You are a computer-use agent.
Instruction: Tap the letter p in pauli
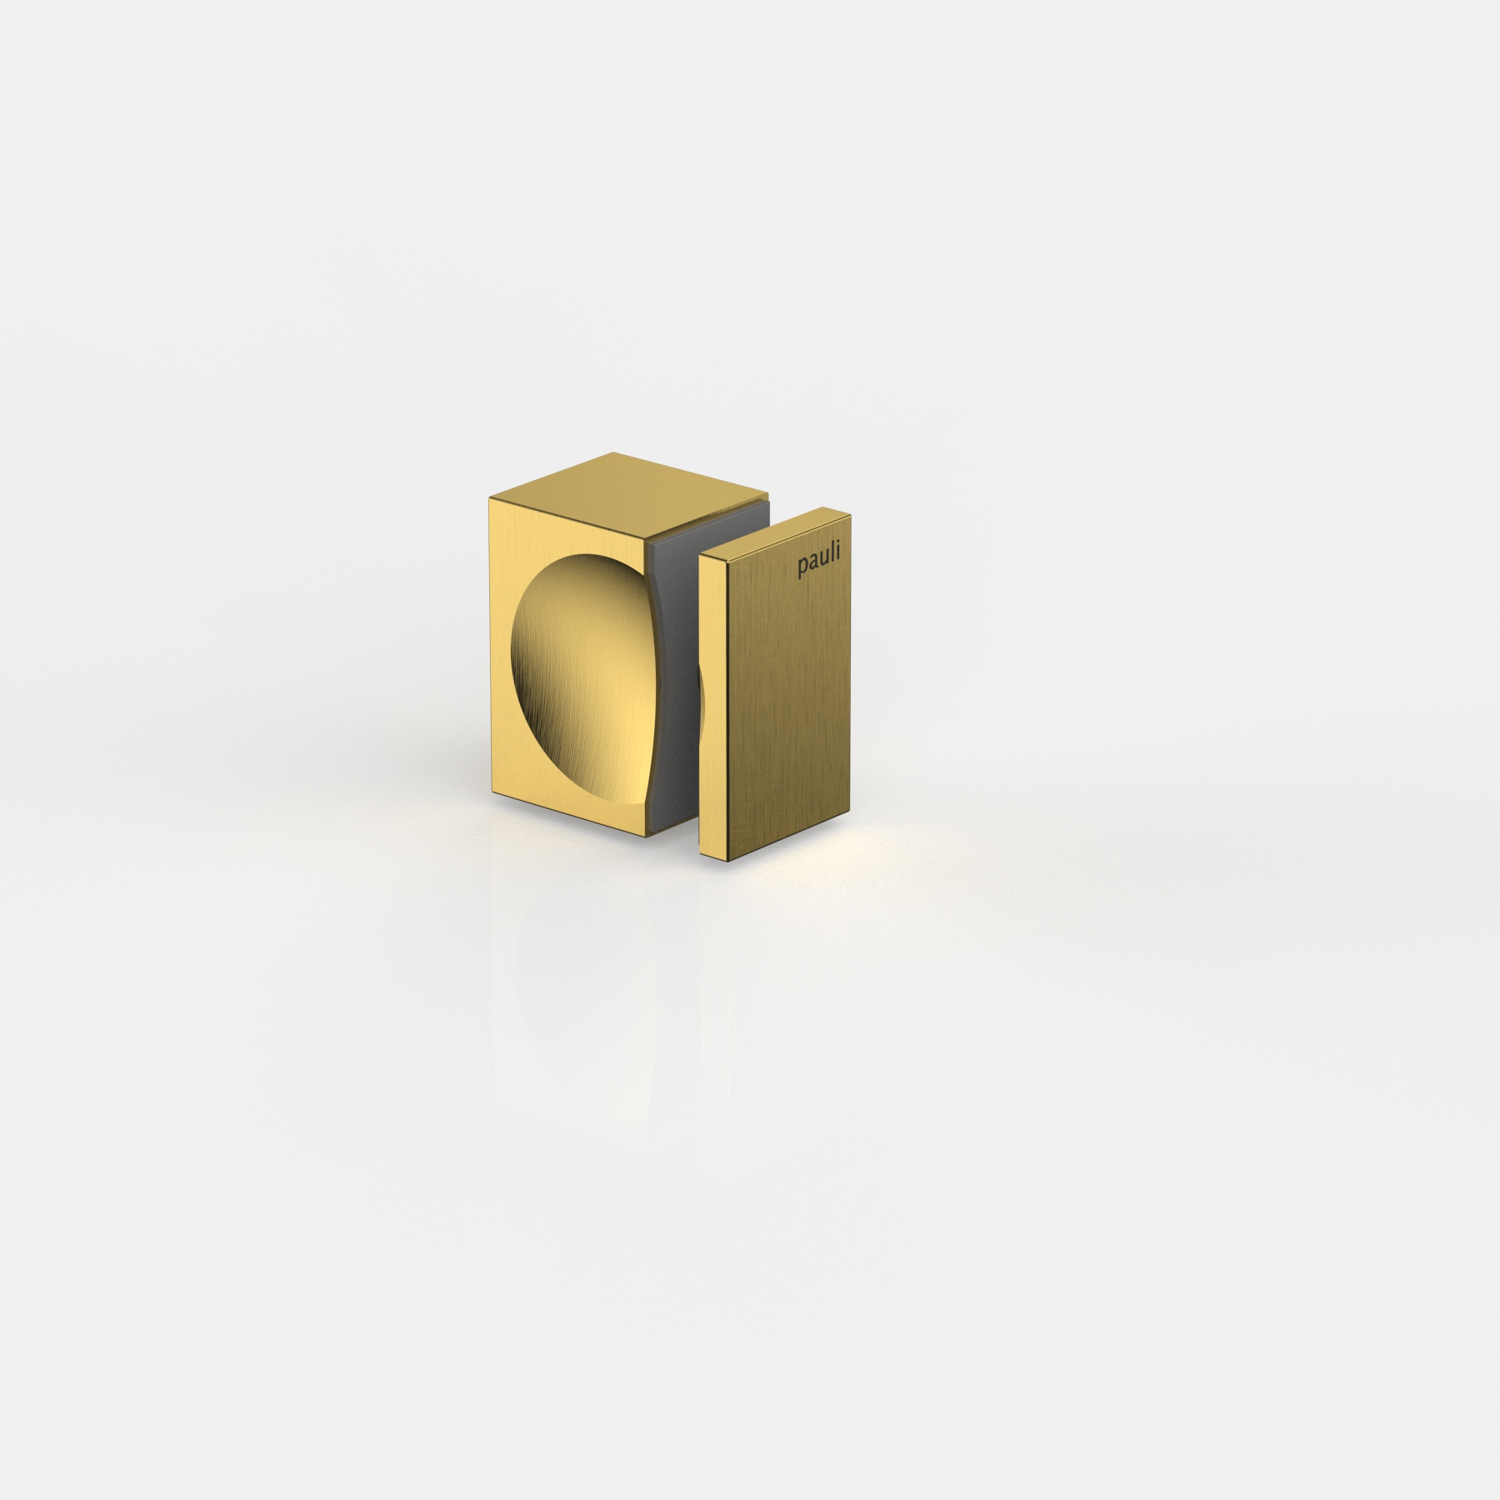(802, 570)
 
